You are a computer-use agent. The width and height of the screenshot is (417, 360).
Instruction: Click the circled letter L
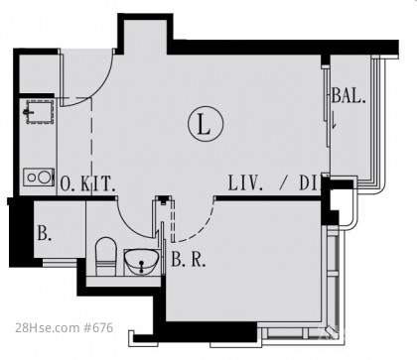coord(206,124)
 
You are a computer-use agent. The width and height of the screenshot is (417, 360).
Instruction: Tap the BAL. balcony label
coord(348,96)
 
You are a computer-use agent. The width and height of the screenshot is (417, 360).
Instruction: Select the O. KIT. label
coord(87,183)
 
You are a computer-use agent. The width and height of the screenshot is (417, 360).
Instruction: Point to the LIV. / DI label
coord(275,182)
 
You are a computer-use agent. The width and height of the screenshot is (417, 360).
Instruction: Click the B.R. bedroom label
coord(189,260)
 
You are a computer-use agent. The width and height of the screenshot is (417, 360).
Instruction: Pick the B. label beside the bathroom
coord(45,233)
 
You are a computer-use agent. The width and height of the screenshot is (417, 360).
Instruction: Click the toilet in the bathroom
coord(106,257)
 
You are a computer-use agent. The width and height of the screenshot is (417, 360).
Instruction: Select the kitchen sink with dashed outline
coord(40,112)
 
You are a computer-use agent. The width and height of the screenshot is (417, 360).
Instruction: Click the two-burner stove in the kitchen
coord(39,178)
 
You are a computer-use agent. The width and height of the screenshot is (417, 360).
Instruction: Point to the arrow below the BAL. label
coord(334,120)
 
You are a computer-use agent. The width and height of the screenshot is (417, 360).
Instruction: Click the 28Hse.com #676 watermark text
coord(65,327)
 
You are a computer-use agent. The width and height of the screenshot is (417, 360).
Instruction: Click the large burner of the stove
coord(44,177)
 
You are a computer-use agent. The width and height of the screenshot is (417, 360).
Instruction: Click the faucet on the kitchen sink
coord(28,112)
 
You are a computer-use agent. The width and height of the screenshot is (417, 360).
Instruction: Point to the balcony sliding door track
coord(328,106)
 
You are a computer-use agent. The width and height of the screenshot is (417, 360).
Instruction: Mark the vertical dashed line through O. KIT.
coord(91,146)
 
